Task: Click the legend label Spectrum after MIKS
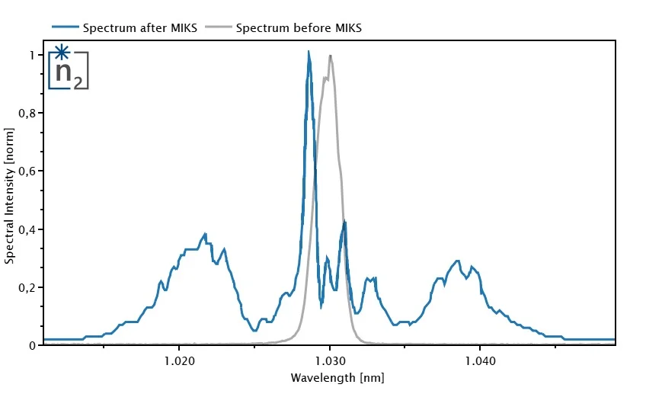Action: click(x=140, y=28)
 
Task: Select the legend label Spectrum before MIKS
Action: click(x=299, y=28)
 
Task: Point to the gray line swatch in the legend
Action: click(x=218, y=28)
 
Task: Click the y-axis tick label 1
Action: click(x=31, y=55)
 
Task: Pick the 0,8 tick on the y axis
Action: click(x=27, y=113)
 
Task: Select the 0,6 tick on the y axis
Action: click(x=27, y=171)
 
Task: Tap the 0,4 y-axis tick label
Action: click(x=27, y=229)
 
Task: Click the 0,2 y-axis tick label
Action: click(x=27, y=287)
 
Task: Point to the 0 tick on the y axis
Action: click(x=31, y=345)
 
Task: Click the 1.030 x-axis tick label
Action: click(x=329, y=360)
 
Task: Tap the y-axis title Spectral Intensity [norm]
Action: click(x=10, y=200)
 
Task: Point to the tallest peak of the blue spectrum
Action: click(x=309, y=53)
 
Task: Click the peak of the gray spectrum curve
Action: click(x=330, y=56)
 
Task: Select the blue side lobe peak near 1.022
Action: click(x=205, y=235)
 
